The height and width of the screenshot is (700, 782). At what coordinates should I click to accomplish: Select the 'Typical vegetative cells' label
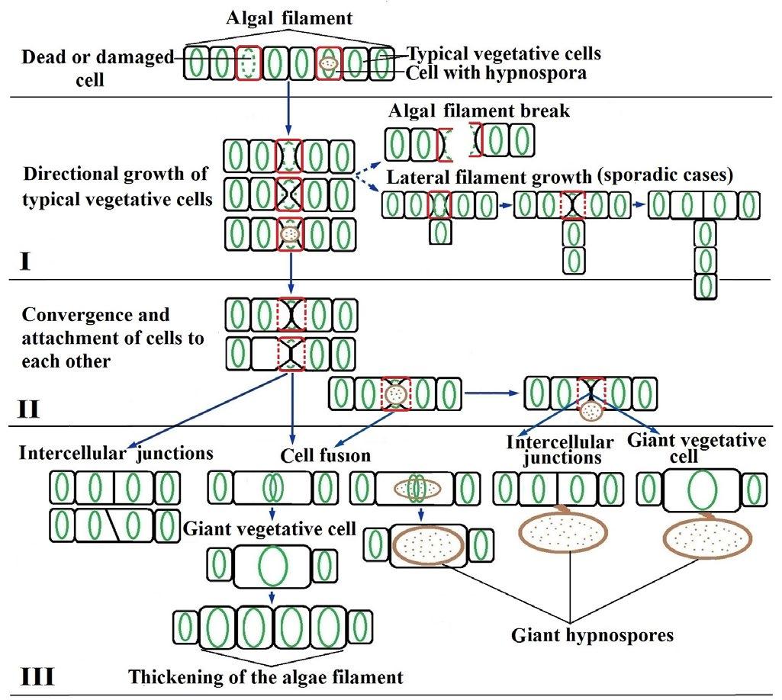click(x=504, y=54)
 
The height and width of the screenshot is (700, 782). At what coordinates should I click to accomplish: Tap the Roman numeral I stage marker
click(x=25, y=264)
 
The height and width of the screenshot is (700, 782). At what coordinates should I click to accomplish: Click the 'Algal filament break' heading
click(x=479, y=111)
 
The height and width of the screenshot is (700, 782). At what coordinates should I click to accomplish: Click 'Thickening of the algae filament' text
click(x=265, y=676)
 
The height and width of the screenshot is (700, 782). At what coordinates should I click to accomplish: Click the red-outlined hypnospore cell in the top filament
click(x=329, y=63)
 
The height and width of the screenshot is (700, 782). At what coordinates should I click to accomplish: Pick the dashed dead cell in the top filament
click(x=249, y=63)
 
